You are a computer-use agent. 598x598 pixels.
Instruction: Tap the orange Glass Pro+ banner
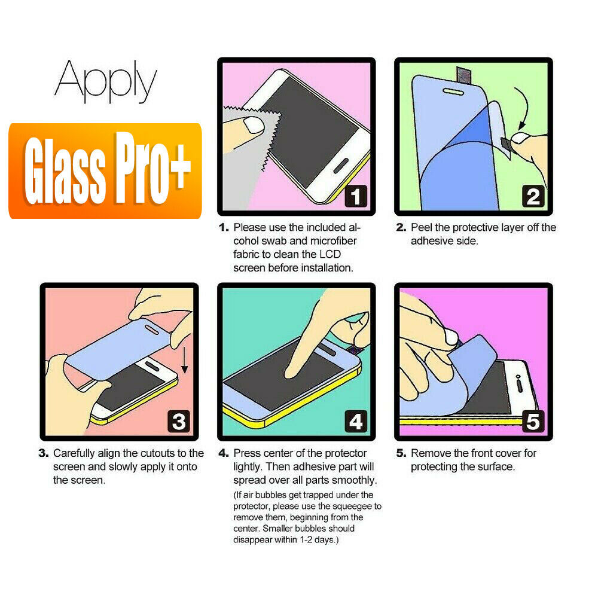pos(105,170)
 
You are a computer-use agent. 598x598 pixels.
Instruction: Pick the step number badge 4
pos(355,422)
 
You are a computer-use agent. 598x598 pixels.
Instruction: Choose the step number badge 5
pos(532,422)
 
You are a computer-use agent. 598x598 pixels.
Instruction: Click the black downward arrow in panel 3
pos(185,362)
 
